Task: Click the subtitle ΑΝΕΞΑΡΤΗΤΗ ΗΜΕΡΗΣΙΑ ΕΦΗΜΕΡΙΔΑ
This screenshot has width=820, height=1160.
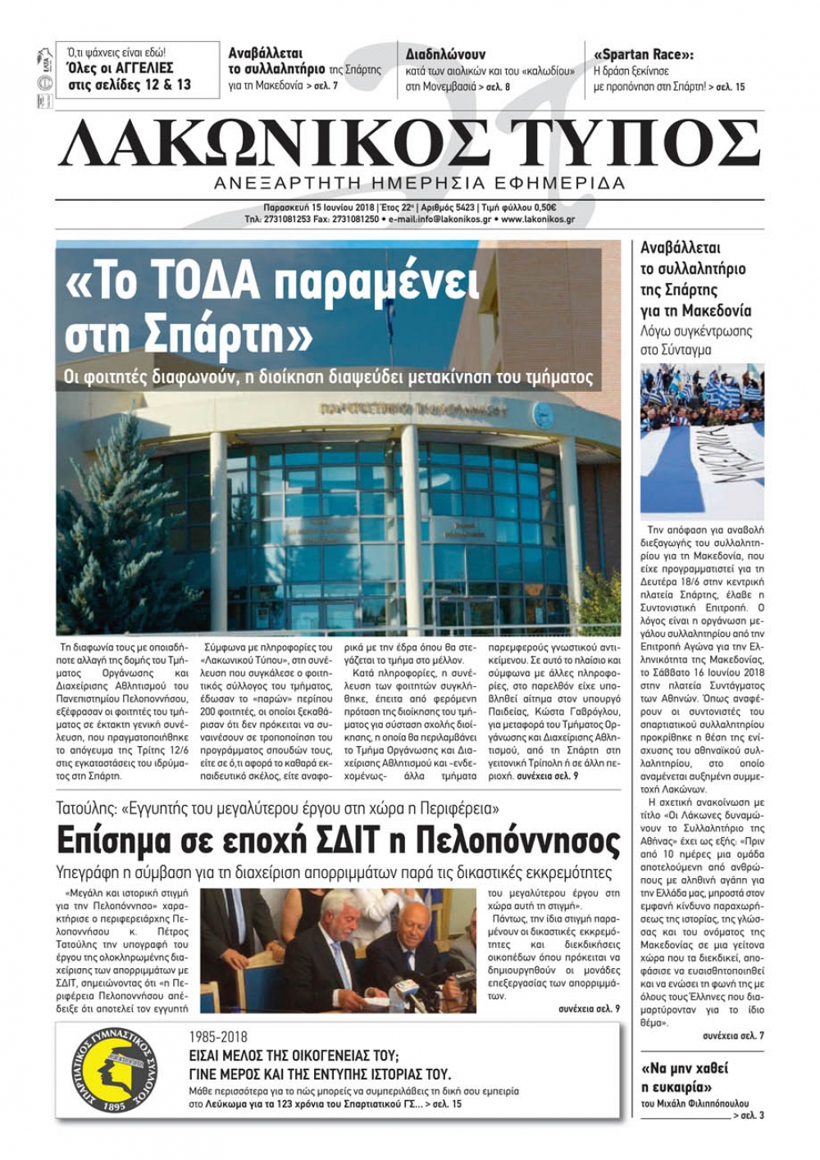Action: point(418,183)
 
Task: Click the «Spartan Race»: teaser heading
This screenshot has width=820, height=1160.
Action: point(643,55)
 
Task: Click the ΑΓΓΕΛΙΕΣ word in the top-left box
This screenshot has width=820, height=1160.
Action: point(141,68)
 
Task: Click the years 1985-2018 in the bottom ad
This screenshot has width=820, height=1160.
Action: point(218,1037)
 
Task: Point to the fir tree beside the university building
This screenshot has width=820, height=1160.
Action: point(123,533)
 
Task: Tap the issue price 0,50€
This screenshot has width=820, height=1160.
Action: point(544,207)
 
